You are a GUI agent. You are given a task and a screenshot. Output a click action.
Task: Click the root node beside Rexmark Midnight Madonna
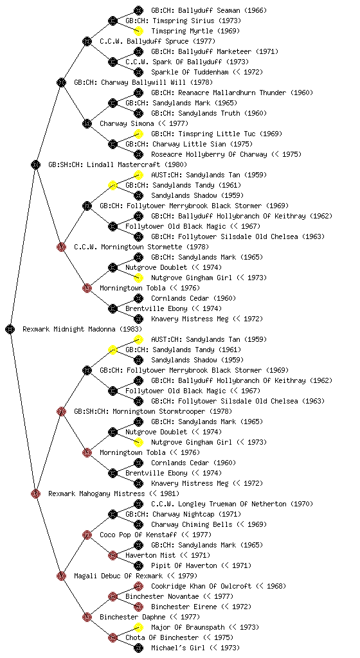[x=10, y=329]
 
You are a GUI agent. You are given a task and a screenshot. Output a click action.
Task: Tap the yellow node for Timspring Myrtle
[x=138, y=31]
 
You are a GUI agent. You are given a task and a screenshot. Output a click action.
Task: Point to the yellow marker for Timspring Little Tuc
[x=138, y=134]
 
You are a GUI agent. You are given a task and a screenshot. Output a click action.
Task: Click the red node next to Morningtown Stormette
[x=61, y=247]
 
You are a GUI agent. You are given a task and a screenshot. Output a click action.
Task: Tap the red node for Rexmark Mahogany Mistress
[x=35, y=493]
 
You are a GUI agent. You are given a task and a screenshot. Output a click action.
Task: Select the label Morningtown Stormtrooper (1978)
[x=166, y=411]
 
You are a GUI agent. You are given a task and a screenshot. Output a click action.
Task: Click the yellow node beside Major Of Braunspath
[x=138, y=627]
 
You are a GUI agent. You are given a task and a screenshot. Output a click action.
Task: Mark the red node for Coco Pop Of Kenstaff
[x=87, y=535]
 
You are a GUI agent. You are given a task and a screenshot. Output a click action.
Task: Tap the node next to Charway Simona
[x=87, y=123]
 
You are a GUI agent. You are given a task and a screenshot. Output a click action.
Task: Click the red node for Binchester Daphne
[x=87, y=617]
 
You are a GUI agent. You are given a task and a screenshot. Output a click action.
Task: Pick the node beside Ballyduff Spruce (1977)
[x=87, y=41]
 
